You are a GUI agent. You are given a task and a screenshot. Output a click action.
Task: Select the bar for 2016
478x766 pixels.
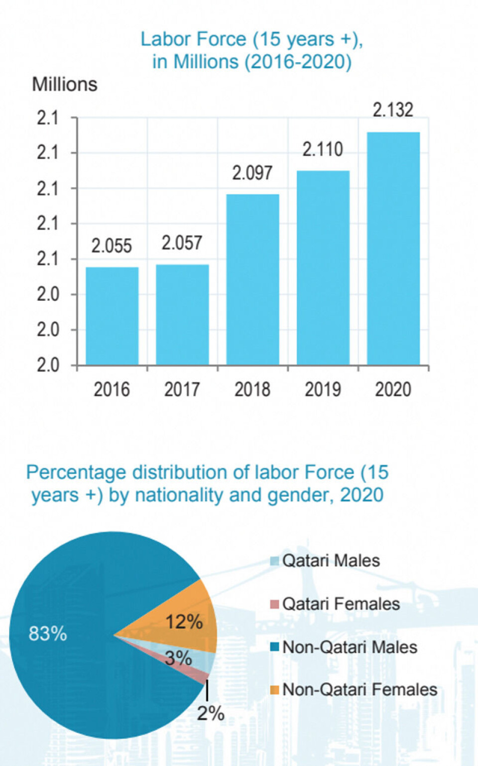pyautogui.click(x=112, y=316)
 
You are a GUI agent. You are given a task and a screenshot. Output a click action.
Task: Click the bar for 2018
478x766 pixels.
pyautogui.click(x=252, y=279)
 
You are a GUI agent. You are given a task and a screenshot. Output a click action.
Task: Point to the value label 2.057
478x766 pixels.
pyautogui.click(x=182, y=243)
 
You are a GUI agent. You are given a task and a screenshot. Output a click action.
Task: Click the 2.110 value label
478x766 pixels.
pyautogui.click(x=323, y=149)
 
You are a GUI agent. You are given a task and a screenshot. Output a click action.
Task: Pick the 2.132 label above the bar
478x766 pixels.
pyautogui.click(x=393, y=110)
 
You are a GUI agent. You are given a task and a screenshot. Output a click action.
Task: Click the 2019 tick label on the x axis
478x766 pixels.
pyautogui.click(x=323, y=389)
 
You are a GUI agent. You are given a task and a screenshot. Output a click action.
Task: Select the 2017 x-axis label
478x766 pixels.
pyautogui.click(x=182, y=389)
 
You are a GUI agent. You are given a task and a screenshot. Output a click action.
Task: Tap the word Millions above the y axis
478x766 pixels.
pyautogui.click(x=65, y=85)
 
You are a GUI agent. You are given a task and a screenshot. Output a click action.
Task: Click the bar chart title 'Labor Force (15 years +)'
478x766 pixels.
pyautogui.click(x=251, y=39)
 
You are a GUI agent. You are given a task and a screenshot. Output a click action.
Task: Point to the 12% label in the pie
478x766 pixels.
pyautogui.click(x=184, y=622)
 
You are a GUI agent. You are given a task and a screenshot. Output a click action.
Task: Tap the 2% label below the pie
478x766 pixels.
pyautogui.click(x=211, y=713)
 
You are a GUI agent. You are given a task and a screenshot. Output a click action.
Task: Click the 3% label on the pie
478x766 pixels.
pyautogui.click(x=178, y=658)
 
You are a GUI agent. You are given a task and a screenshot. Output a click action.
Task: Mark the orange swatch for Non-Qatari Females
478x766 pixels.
pyautogui.click(x=274, y=690)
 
